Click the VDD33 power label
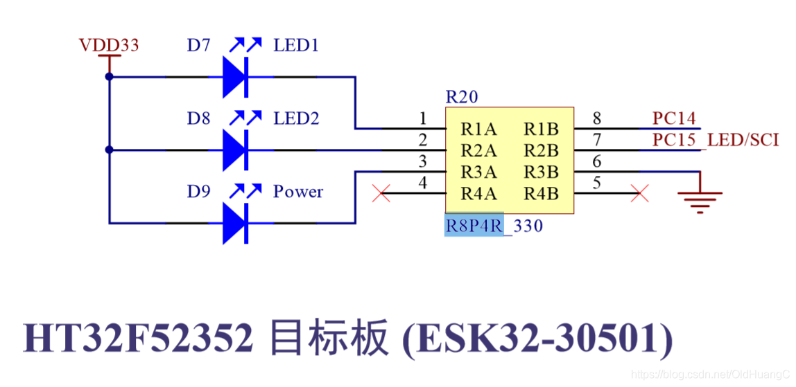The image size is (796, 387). tap(109, 46)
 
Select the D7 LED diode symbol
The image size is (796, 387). tap(235, 77)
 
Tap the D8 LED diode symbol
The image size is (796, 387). tap(235, 150)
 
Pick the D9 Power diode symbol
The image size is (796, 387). tap(235, 223)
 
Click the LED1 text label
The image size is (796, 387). tap(296, 46)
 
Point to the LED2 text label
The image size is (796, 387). tap(296, 118)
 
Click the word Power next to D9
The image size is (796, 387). tap(298, 192)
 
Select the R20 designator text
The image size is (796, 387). tap(462, 97)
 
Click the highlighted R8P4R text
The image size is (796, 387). tap(474, 226)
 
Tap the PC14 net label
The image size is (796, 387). tap(674, 118)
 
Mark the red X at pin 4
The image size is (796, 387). tap(381, 193)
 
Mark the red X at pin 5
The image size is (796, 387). tap(639, 193)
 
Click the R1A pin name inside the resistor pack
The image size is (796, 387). tap(480, 129)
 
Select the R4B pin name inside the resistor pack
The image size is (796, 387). tap(541, 194)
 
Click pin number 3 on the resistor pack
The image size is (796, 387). tap(423, 162)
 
